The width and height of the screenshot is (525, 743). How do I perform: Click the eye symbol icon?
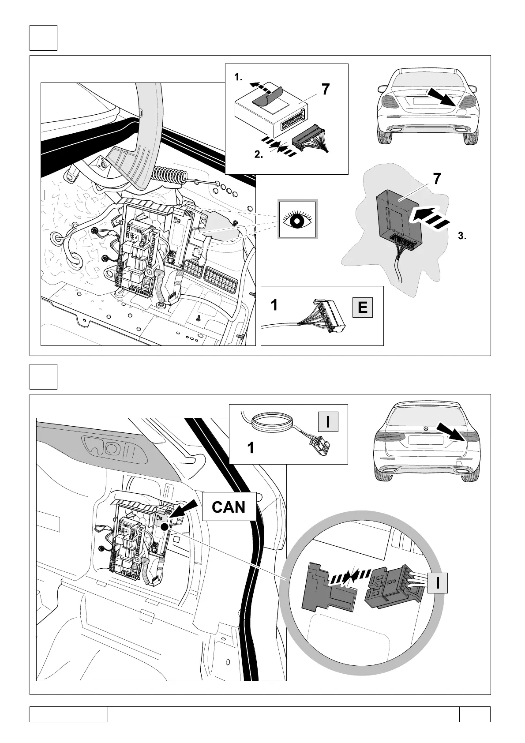click(x=297, y=219)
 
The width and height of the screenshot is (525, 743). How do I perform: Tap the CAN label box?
click(x=229, y=507)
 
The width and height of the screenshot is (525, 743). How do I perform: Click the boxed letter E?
click(x=363, y=308)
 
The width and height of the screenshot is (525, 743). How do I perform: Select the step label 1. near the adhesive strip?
click(x=239, y=78)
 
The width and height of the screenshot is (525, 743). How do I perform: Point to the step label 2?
click(x=259, y=155)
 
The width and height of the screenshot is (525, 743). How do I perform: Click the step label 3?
click(x=462, y=236)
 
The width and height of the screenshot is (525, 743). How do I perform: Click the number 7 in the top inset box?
click(x=325, y=90)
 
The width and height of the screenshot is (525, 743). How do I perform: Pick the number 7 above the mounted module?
click(x=436, y=179)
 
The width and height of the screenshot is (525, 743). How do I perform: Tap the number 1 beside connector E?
click(x=274, y=305)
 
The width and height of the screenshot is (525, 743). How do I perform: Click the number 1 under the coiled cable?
click(x=251, y=448)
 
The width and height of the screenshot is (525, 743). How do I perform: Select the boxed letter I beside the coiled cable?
click(x=328, y=421)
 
